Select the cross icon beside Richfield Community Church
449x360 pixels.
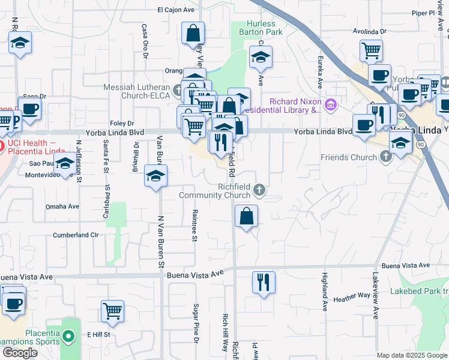(260, 190)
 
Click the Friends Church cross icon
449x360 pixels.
(386, 157)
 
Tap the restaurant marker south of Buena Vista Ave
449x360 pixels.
(263, 282)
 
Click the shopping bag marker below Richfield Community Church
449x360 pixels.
(246, 216)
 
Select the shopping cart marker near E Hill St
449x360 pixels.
(112, 311)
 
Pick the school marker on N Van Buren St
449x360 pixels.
(155, 176)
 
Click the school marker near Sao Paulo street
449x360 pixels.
(65, 163)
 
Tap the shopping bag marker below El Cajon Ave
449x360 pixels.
(193, 34)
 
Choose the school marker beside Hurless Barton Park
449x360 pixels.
(261, 58)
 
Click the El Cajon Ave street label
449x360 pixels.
(176, 10)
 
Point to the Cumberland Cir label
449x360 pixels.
(75, 235)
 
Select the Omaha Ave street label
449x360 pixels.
(62, 206)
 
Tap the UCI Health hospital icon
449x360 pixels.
(2, 145)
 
